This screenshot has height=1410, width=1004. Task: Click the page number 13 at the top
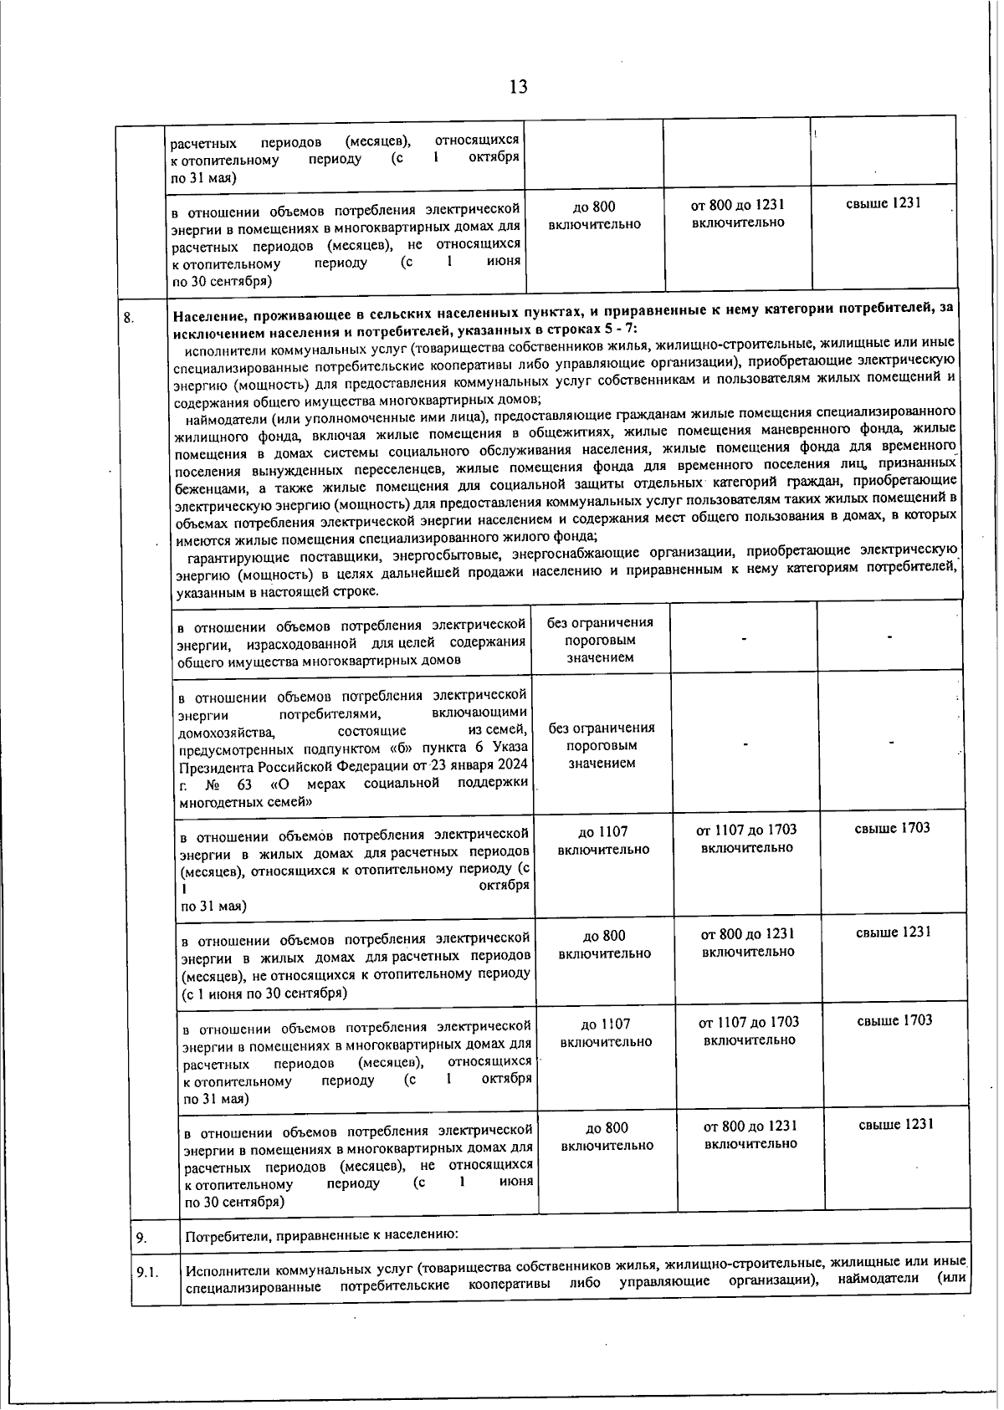[518, 86]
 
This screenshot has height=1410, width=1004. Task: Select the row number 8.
[129, 316]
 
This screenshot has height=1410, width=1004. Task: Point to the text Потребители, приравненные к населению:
[321, 1234]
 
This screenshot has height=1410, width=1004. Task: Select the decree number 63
[244, 784]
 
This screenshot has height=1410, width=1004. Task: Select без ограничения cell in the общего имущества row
[600, 639]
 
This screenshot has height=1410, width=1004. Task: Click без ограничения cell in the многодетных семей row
[602, 744]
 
